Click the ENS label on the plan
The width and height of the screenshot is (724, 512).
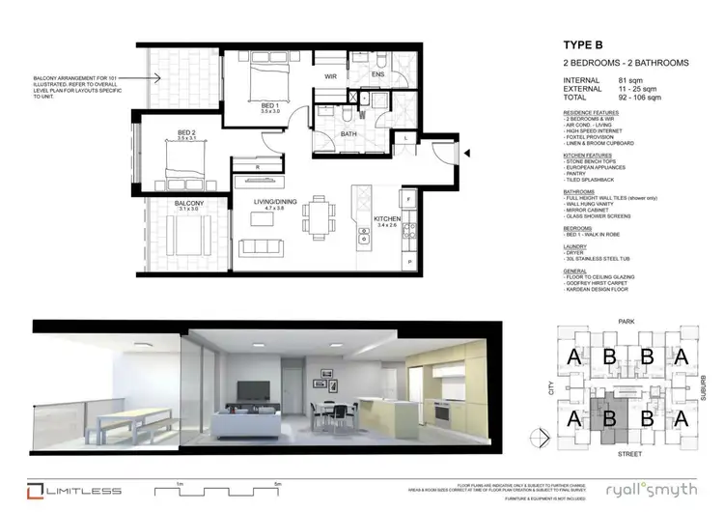pyautogui.click(x=379, y=74)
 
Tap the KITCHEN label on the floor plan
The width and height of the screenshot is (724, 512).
pyautogui.click(x=388, y=217)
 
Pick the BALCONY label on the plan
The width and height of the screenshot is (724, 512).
pyautogui.click(x=187, y=204)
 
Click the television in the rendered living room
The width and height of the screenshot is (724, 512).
pyautogui.click(x=253, y=390)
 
